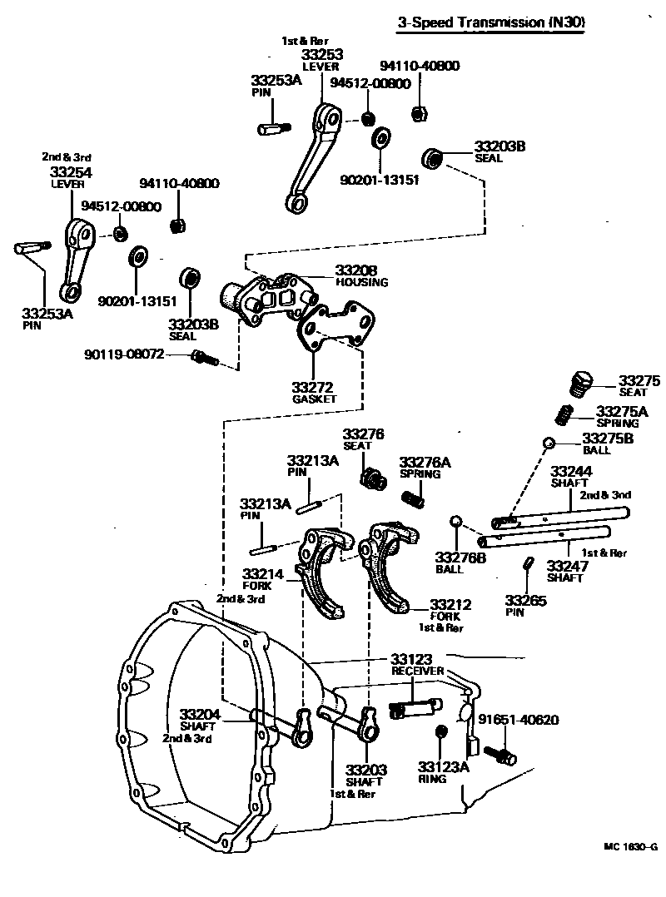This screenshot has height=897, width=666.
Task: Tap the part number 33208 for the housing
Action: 356,270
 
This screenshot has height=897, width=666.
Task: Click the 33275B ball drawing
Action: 549,441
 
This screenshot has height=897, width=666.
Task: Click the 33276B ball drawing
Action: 455,521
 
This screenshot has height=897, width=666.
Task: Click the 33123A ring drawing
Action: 442,731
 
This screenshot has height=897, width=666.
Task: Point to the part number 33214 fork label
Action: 263,573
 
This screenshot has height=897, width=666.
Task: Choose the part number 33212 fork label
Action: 450,604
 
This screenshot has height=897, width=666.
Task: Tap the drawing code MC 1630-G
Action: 631,847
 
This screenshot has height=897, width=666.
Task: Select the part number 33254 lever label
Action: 72,172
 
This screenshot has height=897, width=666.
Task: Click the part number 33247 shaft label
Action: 566,566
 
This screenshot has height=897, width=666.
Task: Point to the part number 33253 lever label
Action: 322,55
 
